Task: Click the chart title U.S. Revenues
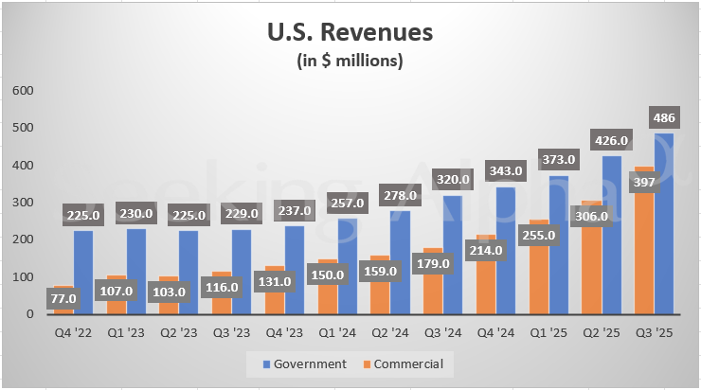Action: tap(350, 32)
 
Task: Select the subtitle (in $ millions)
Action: tap(350, 62)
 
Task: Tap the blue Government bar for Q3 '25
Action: tap(663, 227)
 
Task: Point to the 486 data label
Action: tap(663, 117)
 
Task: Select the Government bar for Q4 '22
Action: tap(83, 275)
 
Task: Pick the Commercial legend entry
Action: tap(405, 363)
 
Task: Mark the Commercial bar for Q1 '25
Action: tap(539, 284)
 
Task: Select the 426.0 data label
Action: tap(610, 142)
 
